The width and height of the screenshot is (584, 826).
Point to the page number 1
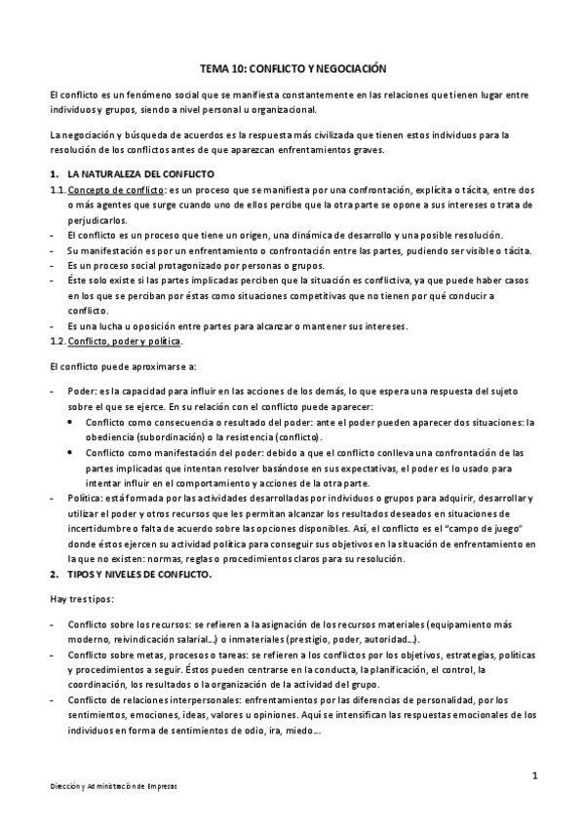tap(535, 774)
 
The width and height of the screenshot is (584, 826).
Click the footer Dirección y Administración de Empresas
tap(114, 785)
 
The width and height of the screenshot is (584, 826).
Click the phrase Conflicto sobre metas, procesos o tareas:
tap(157, 655)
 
